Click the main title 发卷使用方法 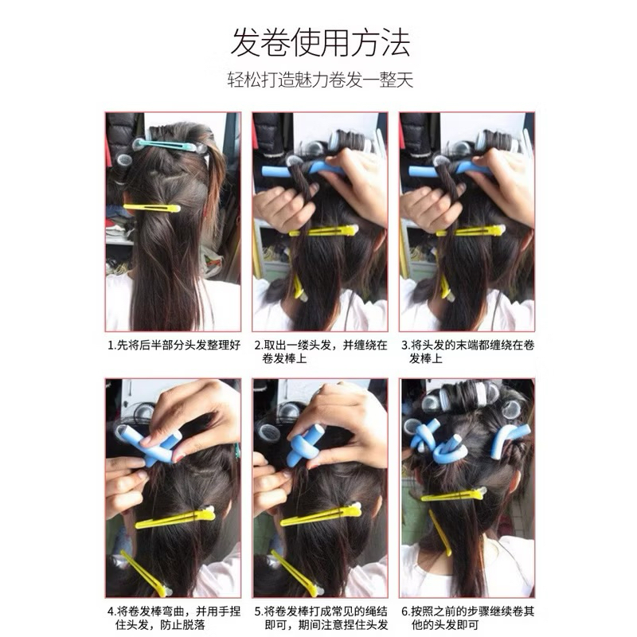tap(320, 43)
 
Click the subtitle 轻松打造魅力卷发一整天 tap(320, 80)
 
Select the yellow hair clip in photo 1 tap(151, 208)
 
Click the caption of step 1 tap(174, 346)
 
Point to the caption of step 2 tap(321, 352)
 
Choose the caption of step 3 tap(467, 352)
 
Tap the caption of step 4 tap(174, 618)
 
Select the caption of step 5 tap(321, 618)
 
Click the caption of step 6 tap(467, 618)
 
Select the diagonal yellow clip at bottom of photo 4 tap(143, 573)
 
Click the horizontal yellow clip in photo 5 tap(321, 514)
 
